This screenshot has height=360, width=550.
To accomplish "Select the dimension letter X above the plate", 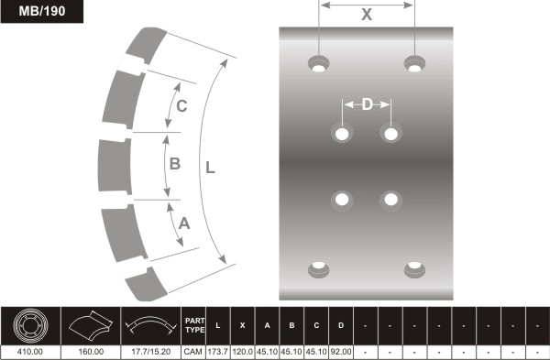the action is pos(367,15).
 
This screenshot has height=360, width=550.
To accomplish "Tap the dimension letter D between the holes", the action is pos(367,104).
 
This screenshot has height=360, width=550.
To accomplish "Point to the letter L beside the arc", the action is pos(210,169).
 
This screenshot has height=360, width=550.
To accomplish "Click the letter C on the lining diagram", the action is pos(181,106).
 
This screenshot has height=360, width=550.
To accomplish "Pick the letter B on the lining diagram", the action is pos(175,165).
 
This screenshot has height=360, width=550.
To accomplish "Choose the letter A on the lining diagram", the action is pos(183,222).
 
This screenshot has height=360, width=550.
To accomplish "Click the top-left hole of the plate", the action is pos(319,64).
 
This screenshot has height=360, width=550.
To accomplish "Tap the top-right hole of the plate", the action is pos(414,64).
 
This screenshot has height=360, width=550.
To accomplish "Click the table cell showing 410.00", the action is pos(29,351).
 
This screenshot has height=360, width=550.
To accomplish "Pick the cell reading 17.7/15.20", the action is pos(149,351).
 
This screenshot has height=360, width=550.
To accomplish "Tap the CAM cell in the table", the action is pos(193,351).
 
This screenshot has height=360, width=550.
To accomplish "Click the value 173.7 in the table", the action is pos(217,351).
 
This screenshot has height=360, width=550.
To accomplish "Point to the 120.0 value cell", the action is pos(242,351).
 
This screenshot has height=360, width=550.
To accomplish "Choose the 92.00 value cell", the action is pos(341,351).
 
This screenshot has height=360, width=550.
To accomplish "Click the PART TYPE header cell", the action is pos(193,325).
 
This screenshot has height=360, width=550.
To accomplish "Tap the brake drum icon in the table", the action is pos(29,325).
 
